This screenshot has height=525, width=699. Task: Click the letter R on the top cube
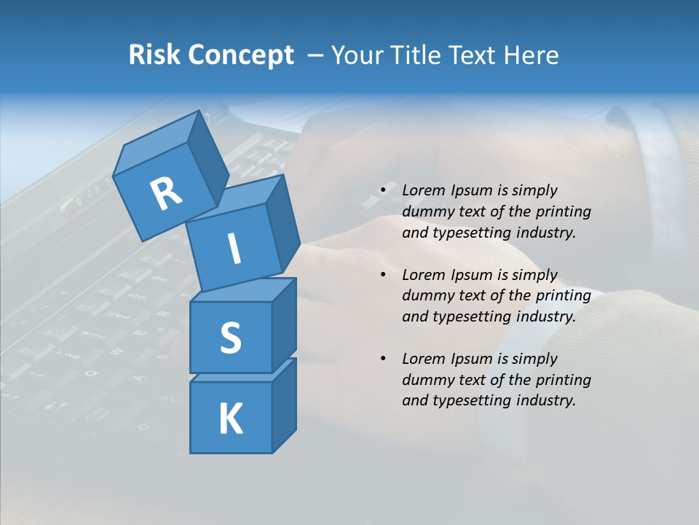point(166,193)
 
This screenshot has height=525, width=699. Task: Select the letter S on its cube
point(230,338)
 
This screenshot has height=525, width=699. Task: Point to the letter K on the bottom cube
point(230,419)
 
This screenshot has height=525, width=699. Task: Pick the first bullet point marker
point(383,190)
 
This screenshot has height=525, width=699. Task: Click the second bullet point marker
point(383,275)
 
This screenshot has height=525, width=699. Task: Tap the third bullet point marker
point(383,359)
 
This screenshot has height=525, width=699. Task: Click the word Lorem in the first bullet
point(423,190)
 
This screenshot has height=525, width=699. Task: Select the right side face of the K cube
point(284,405)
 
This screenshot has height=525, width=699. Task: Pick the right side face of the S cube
point(284,324)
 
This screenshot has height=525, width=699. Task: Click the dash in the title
point(315,55)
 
